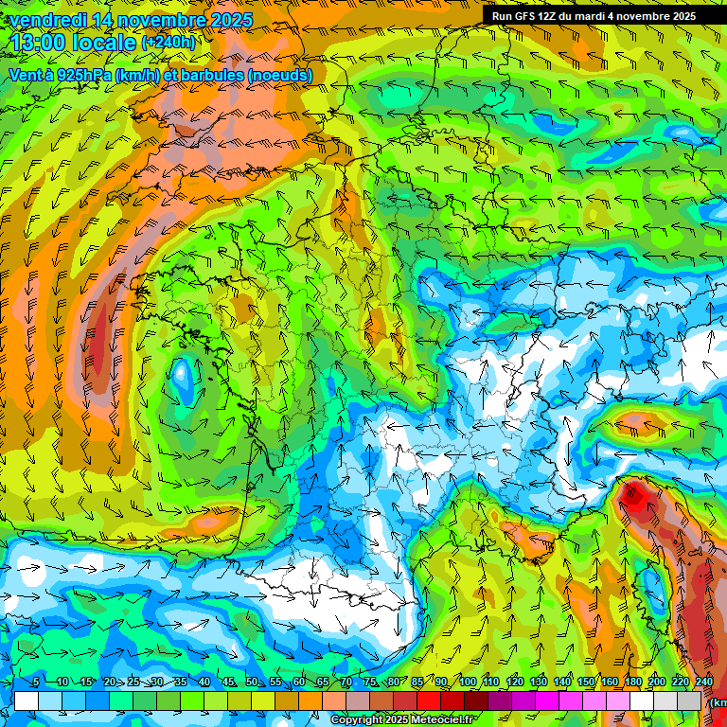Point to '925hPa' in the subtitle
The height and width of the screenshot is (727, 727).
pos(92,75)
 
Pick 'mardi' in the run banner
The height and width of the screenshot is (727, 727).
pos(607,16)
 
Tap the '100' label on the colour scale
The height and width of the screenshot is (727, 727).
pos(468,683)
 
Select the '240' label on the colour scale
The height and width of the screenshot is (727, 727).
pos(704,683)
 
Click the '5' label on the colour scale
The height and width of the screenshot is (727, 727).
pos(36,683)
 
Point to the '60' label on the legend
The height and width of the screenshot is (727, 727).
pos(299,683)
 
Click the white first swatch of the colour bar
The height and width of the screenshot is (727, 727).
pos(26,700)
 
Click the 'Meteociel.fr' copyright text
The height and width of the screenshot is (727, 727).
pos(441,720)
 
